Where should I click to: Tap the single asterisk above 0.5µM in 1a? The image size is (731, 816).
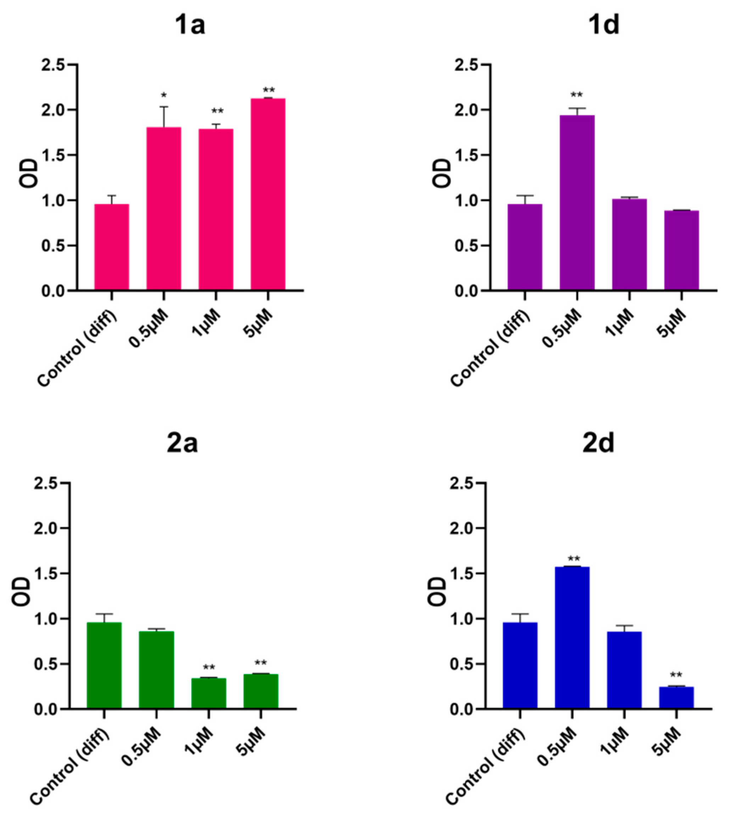coord(163,96)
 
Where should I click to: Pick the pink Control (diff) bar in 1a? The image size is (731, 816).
coord(112,247)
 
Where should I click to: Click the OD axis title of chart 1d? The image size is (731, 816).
coord(443,173)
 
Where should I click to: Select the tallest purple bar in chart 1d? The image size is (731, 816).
coord(577,202)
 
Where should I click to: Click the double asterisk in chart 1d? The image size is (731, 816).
coord(577,96)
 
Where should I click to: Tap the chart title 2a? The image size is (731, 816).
coord(182,444)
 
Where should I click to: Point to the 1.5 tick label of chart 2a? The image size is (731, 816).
coord(46,574)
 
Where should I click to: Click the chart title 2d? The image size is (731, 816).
coord(598,444)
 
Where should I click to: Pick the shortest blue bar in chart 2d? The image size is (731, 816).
coord(676,698)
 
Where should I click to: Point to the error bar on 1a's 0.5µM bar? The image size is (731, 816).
coord(163,117)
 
